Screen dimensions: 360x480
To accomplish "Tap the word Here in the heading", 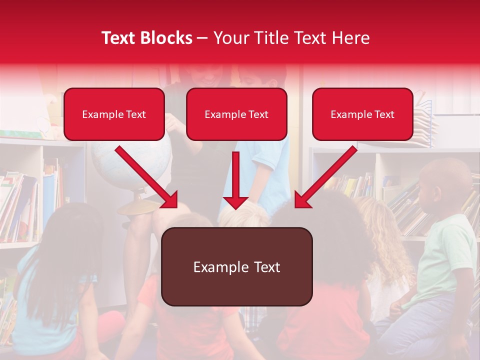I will point(350,38).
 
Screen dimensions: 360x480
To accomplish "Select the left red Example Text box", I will point(114,114).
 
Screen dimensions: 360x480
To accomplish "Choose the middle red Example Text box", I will point(236,114).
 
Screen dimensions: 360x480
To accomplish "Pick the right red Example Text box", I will point(362,114).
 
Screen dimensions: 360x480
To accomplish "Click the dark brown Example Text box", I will point(236,267).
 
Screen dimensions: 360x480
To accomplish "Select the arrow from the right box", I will point(328,175).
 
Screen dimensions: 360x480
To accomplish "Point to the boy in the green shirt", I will point(442,250).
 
